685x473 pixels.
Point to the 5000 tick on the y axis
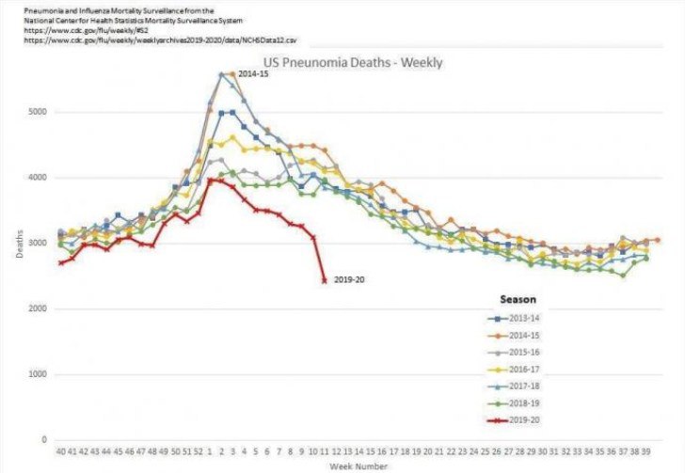[x=36, y=112]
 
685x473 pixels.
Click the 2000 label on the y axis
[x=36, y=308]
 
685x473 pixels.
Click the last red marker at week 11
[x=325, y=280]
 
